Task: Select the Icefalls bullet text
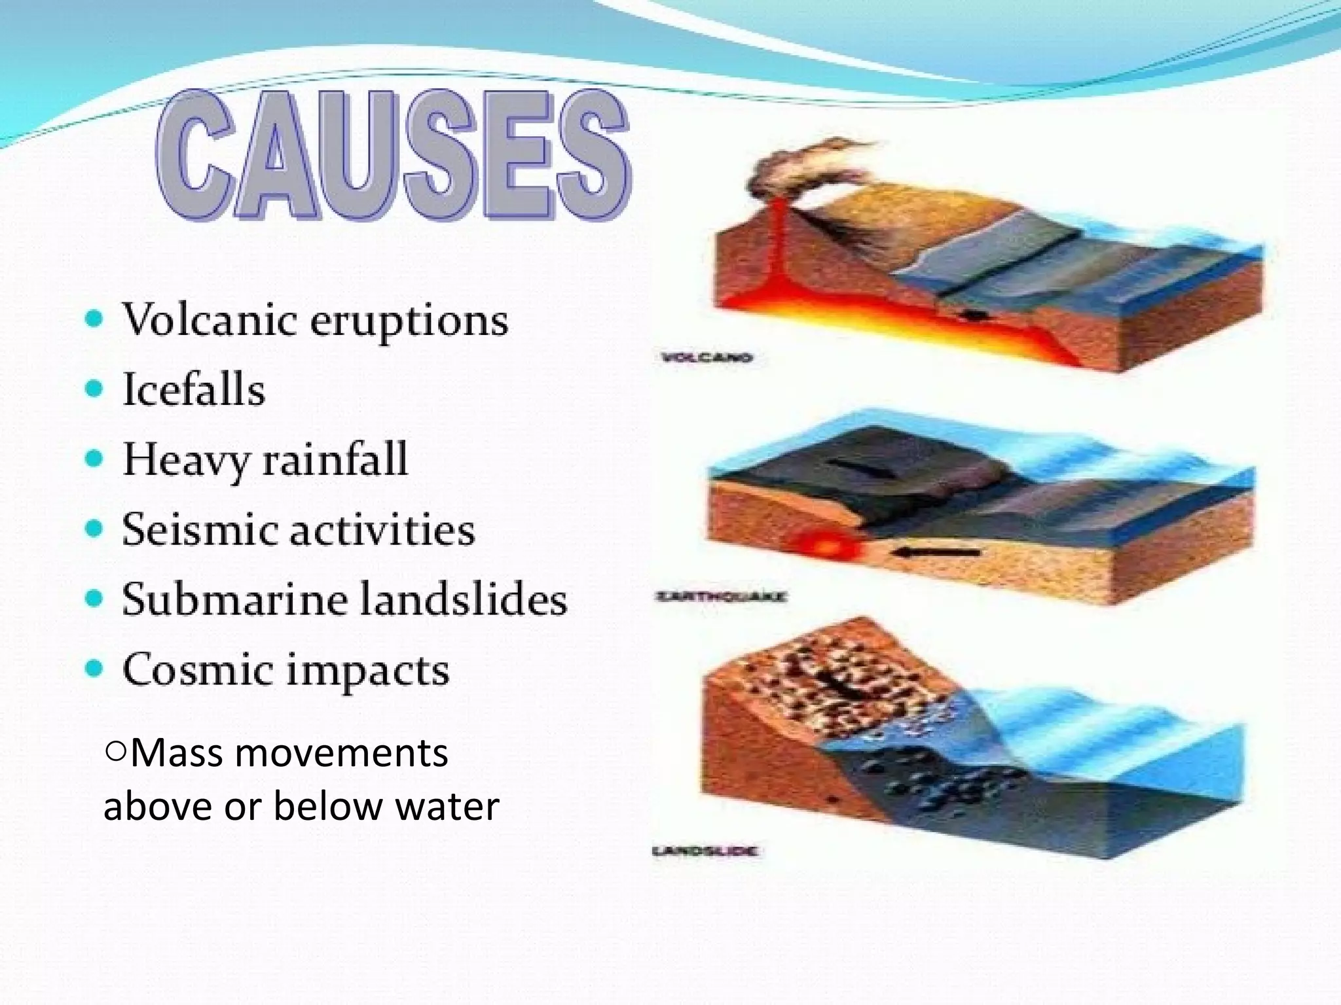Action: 194,390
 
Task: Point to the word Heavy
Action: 186,461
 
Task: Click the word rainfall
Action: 335,459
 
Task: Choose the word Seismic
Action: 196,530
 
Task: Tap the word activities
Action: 382,530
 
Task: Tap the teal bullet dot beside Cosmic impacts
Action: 95,669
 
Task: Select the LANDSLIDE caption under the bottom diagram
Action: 706,851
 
